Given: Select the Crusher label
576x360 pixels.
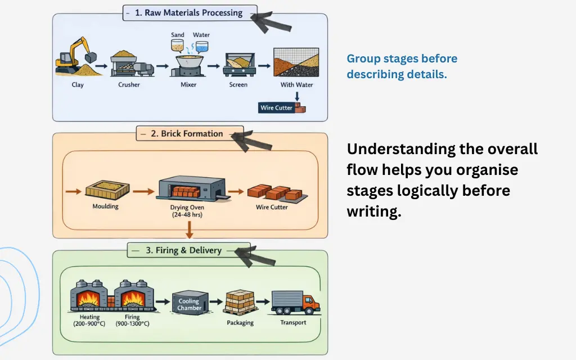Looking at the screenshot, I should (x=129, y=85).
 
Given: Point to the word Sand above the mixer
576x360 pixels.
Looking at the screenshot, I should (x=178, y=35).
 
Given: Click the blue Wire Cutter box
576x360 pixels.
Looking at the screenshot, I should (x=276, y=107).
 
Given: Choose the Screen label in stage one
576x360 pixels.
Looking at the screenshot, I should (x=238, y=85).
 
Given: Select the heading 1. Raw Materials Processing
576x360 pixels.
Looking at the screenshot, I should (x=190, y=12).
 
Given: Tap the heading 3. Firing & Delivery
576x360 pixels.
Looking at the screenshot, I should (x=183, y=250).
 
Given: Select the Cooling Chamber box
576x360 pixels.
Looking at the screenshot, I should (x=189, y=304).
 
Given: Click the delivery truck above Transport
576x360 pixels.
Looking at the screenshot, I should (x=293, y=303).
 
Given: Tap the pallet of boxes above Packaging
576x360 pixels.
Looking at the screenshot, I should (x=240, y=303).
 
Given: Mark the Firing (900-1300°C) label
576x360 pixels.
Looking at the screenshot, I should (x=134, y=321).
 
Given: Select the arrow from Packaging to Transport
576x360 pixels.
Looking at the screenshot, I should (x=263, y=303).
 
